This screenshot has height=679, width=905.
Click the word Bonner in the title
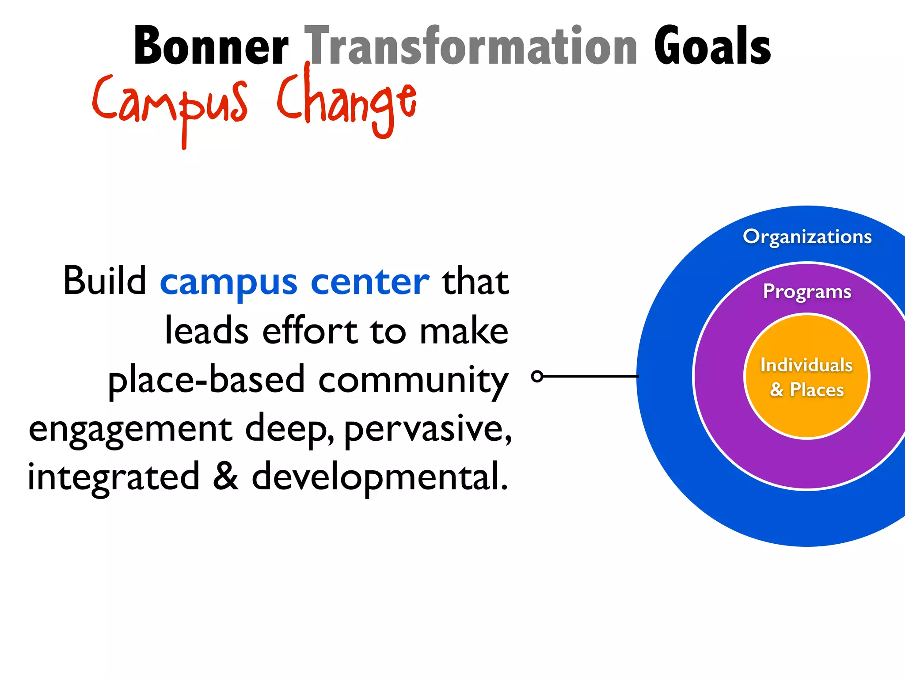pos(211,46)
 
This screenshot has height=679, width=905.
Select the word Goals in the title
pos(712,46)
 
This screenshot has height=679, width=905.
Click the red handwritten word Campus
pos(170,104)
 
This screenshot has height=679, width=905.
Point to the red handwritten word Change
pos(347,102)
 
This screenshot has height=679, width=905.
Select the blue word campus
pos(228,283)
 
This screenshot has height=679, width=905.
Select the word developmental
pos(380,477)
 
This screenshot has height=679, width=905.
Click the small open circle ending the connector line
pos(537,376)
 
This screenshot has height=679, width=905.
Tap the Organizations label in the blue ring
pos(807,237)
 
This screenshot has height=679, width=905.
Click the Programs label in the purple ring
pos(807,292)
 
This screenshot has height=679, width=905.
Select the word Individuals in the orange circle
pos(806,365)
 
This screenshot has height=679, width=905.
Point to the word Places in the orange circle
pos(817,390)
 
